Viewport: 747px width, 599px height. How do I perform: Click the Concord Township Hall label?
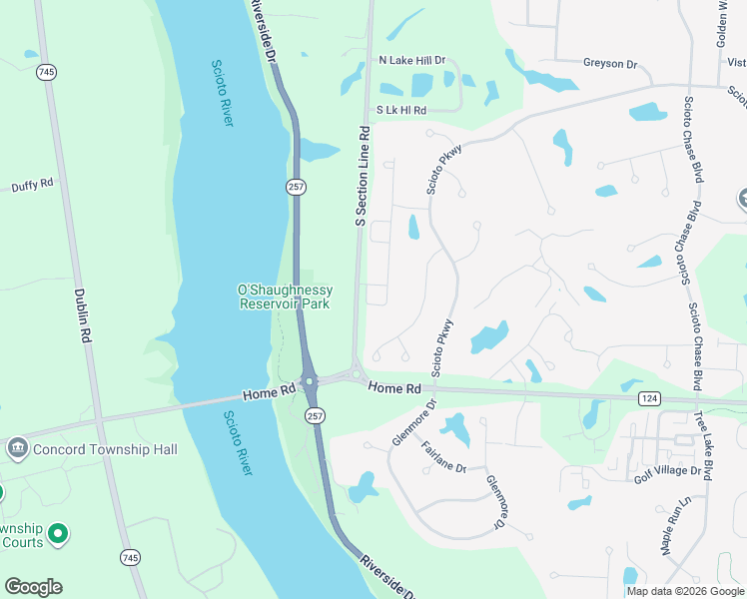coord(106,449)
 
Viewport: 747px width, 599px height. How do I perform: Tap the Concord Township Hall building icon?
coord(17,449)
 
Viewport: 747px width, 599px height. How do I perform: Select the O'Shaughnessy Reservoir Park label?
coord(285,297)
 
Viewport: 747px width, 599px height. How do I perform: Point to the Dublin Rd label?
coord(82,316)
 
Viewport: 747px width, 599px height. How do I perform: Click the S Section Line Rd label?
coord(363,176)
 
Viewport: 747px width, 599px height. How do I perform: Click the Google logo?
coord(33,587)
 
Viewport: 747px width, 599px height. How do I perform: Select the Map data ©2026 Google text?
coord(685,591)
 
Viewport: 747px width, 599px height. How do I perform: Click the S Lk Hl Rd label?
coord(401,110)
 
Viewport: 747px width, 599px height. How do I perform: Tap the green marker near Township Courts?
coord(59,534)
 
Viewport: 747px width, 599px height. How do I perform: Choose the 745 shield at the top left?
coord(45,72)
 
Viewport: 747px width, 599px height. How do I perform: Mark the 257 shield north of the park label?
coord(297,187)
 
